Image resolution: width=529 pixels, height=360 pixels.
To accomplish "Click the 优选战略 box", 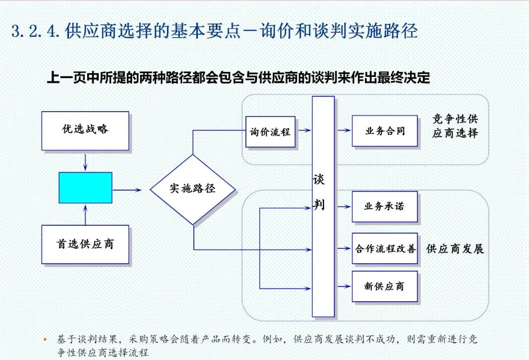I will (85, 130).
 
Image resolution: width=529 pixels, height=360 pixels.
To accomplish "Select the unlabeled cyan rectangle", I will (85, 188).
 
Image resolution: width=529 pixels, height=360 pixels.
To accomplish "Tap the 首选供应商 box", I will (85, 244).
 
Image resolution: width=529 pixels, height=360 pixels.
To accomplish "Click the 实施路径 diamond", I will (192, 189).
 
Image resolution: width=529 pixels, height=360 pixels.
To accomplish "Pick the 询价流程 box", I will (270, 131).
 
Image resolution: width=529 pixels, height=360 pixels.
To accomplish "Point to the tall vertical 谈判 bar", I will (323, 206).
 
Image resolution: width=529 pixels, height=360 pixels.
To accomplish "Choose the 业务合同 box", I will (385, 131).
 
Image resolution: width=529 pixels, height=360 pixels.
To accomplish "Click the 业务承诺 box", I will (385, 206).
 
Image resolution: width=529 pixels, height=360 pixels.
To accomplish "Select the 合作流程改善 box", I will (385, 249).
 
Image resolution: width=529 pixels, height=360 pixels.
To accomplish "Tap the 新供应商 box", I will (385, 287).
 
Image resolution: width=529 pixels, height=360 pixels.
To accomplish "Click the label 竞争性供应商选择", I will (455, 126).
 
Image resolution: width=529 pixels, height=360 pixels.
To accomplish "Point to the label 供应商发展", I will (455, 249).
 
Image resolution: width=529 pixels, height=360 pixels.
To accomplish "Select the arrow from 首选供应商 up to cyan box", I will (86, 214).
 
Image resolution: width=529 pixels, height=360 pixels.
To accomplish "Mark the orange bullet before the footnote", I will (46, 338).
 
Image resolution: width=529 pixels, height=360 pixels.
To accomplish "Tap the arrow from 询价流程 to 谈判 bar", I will (304, 130).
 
